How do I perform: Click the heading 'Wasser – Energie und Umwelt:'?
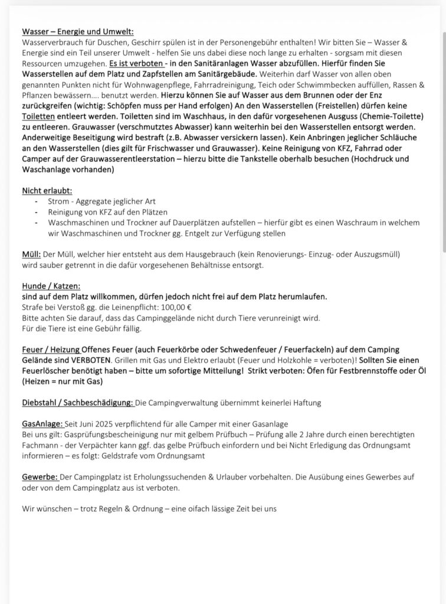(x=78, y=32)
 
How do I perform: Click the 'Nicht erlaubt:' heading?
(x=47, y=191)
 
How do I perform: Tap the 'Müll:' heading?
(x=31, y=254)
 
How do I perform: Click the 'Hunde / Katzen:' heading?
(x=51, y=286)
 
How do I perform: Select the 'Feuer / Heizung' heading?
(x=51, y=350)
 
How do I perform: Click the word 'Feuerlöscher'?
(x=48, y=371)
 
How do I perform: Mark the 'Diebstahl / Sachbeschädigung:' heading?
(x=78, y=403)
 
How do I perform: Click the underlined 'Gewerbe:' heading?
(x=40, y=477)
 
